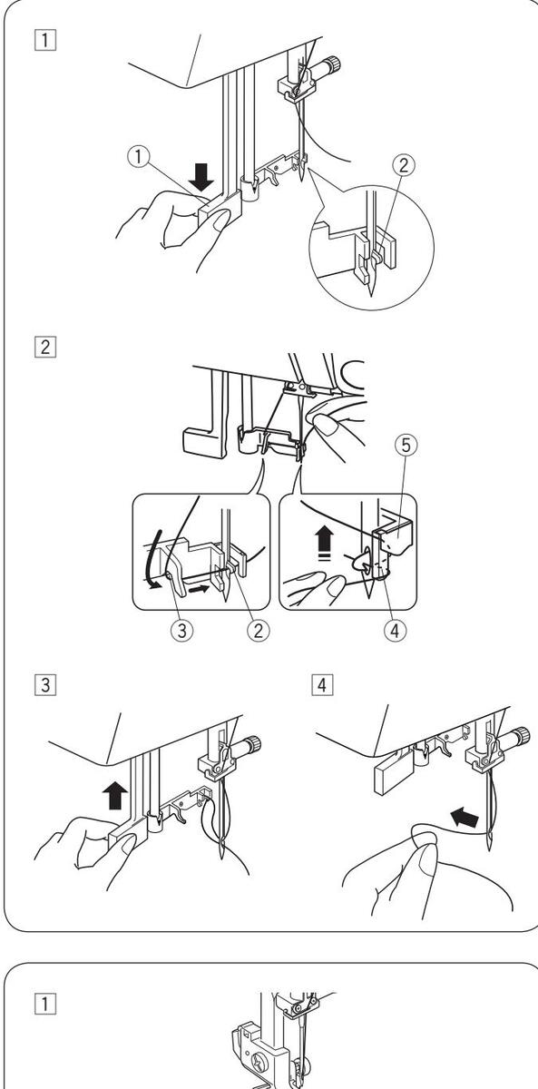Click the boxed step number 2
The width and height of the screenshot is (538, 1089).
[x=45, y=348]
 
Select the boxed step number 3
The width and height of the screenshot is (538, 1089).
[x=45, y=685]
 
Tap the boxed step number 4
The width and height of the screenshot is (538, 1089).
[x=322, y=685]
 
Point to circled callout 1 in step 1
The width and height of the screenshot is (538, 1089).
[x=139, y=157]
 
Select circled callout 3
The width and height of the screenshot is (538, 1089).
[x=181, y=631]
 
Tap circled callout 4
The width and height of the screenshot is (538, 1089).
[x=395, y=631]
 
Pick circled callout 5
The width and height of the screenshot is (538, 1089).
[x=406, y=446]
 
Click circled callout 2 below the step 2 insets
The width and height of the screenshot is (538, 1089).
[x=258, y=631]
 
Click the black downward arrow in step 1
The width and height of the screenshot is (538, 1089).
[x=201, y=177]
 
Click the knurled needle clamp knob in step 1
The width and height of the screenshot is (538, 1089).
[x=333, y=64]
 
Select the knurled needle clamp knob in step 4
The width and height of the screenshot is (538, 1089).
[x=522, y=733]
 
